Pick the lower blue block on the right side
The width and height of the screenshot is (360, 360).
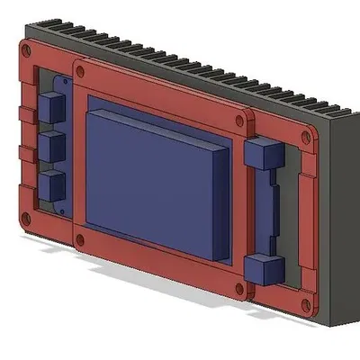click(263, 267)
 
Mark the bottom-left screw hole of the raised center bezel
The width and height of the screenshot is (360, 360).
click(82, 240)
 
